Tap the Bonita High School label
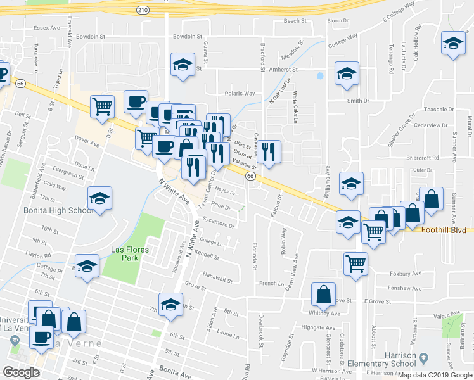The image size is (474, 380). click(x=50, y=210)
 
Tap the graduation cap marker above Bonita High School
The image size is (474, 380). click(x=100, y=198)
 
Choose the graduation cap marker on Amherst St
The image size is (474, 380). click(x=347, y=73)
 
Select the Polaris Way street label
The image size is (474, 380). click(x=241, y=94)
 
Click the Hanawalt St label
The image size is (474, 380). click(x=219, y=278)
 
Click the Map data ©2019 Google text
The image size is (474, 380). click(x=435, y=375)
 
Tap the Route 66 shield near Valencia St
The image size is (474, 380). click(x=251, y=176)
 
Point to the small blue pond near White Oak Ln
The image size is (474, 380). click(x=320, y=76)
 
